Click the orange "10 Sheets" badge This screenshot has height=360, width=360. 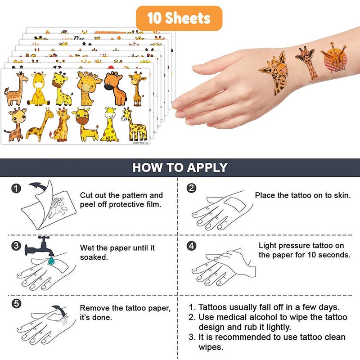(179, 18)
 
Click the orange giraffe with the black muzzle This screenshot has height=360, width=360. (115, 88)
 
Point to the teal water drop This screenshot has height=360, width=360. (51, 261)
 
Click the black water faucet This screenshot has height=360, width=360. (40, 246)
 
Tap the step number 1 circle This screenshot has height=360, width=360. (16, 189)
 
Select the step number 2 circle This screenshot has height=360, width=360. (192, 188)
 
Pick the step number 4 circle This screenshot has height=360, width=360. (192, 246)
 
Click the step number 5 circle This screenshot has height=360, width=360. (16, 304)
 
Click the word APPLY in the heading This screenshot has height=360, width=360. (207, 167)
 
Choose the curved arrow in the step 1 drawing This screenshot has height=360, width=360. (38, 185)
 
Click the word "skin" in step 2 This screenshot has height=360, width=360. (342, 195)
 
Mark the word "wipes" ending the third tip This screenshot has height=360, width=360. (211, 347)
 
